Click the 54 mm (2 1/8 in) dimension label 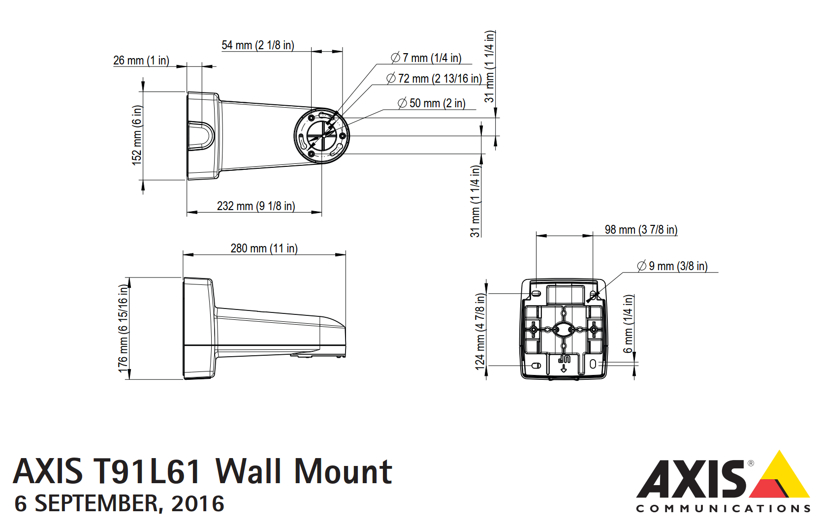point(257,45)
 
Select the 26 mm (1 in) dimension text point(141,61)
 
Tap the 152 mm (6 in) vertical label point(137,135)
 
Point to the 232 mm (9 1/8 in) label point(256,206)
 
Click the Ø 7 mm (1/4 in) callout point(426,58)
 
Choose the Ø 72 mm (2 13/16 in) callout point(434,79)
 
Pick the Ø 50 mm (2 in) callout point(432,103)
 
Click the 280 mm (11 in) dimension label point(264,248)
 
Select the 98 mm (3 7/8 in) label point(641,230)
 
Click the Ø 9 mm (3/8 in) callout point(672,266)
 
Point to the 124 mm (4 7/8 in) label point(480,331)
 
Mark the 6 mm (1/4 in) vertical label point(629,323)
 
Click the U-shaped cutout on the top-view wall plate point(201,135)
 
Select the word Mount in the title point(343,471)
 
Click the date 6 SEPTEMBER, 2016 point(120,504)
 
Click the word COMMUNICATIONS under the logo point(723,509)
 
